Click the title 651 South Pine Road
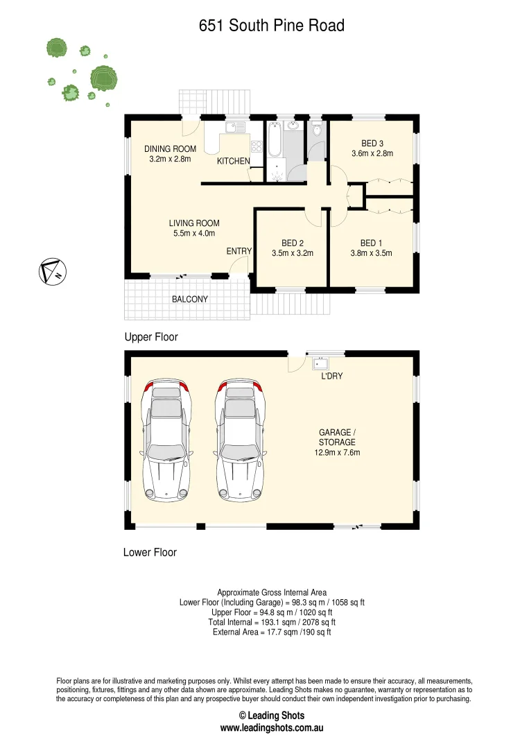(271, 26)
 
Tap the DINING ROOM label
(170, 148)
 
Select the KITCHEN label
(234, 161)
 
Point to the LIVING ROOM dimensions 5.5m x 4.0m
(194, 234)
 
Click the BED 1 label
(371, 243)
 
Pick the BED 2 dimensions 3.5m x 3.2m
(292, 253)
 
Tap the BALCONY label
(190, 300)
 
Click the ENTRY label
(239, 251)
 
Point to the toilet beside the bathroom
(317, 130)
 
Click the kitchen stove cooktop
(255, 147)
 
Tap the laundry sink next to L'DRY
(320, 363)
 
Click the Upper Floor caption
(151, 337)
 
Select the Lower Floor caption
(150, 553)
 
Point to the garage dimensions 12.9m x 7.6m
(337, 452)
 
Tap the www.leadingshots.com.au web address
(272, 728)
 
